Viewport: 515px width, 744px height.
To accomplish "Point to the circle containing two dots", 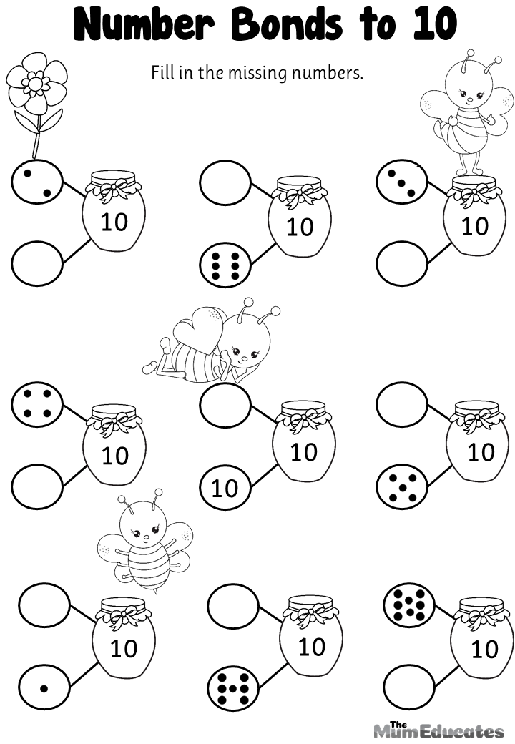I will (x=37, y=181).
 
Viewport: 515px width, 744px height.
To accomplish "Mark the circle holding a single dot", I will (x=44, y=688).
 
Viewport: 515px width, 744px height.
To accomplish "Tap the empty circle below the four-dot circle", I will (x=37, y=486).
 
